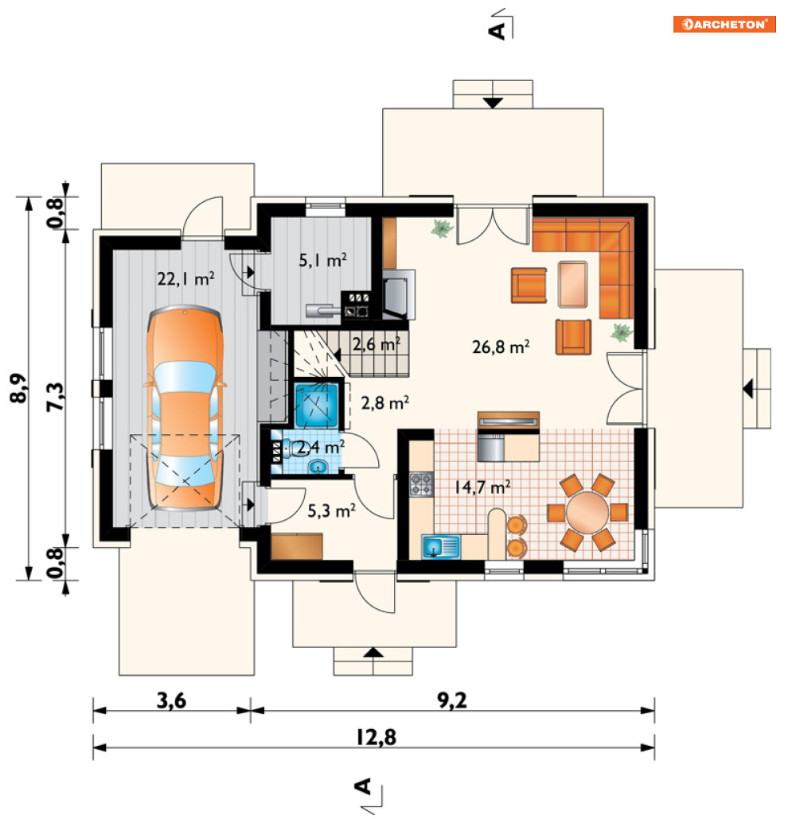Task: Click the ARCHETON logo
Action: pyautogui.click(x=724, y=24)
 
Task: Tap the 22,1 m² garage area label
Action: pyautogui.click(x=186, y=278)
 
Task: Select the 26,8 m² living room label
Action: pyautogui.click(x=501, y=347)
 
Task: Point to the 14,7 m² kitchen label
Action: pyautogui.click(x=482, y=487)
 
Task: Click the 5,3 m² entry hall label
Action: pyautogui.click(x=331, y=510)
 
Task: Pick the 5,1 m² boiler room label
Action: pyautogui.click(x=322, y=259)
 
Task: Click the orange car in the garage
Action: pyautogui.click(x=185, y=407)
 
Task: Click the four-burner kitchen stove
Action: pyautogui.click(x=421, y=483)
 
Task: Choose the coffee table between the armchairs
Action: pyautogui.click(x=573, y=285)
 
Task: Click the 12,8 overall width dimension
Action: pyautogui.click(x=376, y=738)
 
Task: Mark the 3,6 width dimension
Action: pyautogui.click(x=171, y=701)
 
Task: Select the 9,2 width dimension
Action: pyautogui.click(x=452, y=701)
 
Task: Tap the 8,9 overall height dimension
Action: pyautogui.click(x=18, y=388)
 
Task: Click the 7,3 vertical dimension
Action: pyautogui.click(x=55, y=397)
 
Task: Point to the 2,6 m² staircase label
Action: pyautogui.click(x=376, y=344)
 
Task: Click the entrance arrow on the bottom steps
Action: pyautogui.click(x=373, y=652)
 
